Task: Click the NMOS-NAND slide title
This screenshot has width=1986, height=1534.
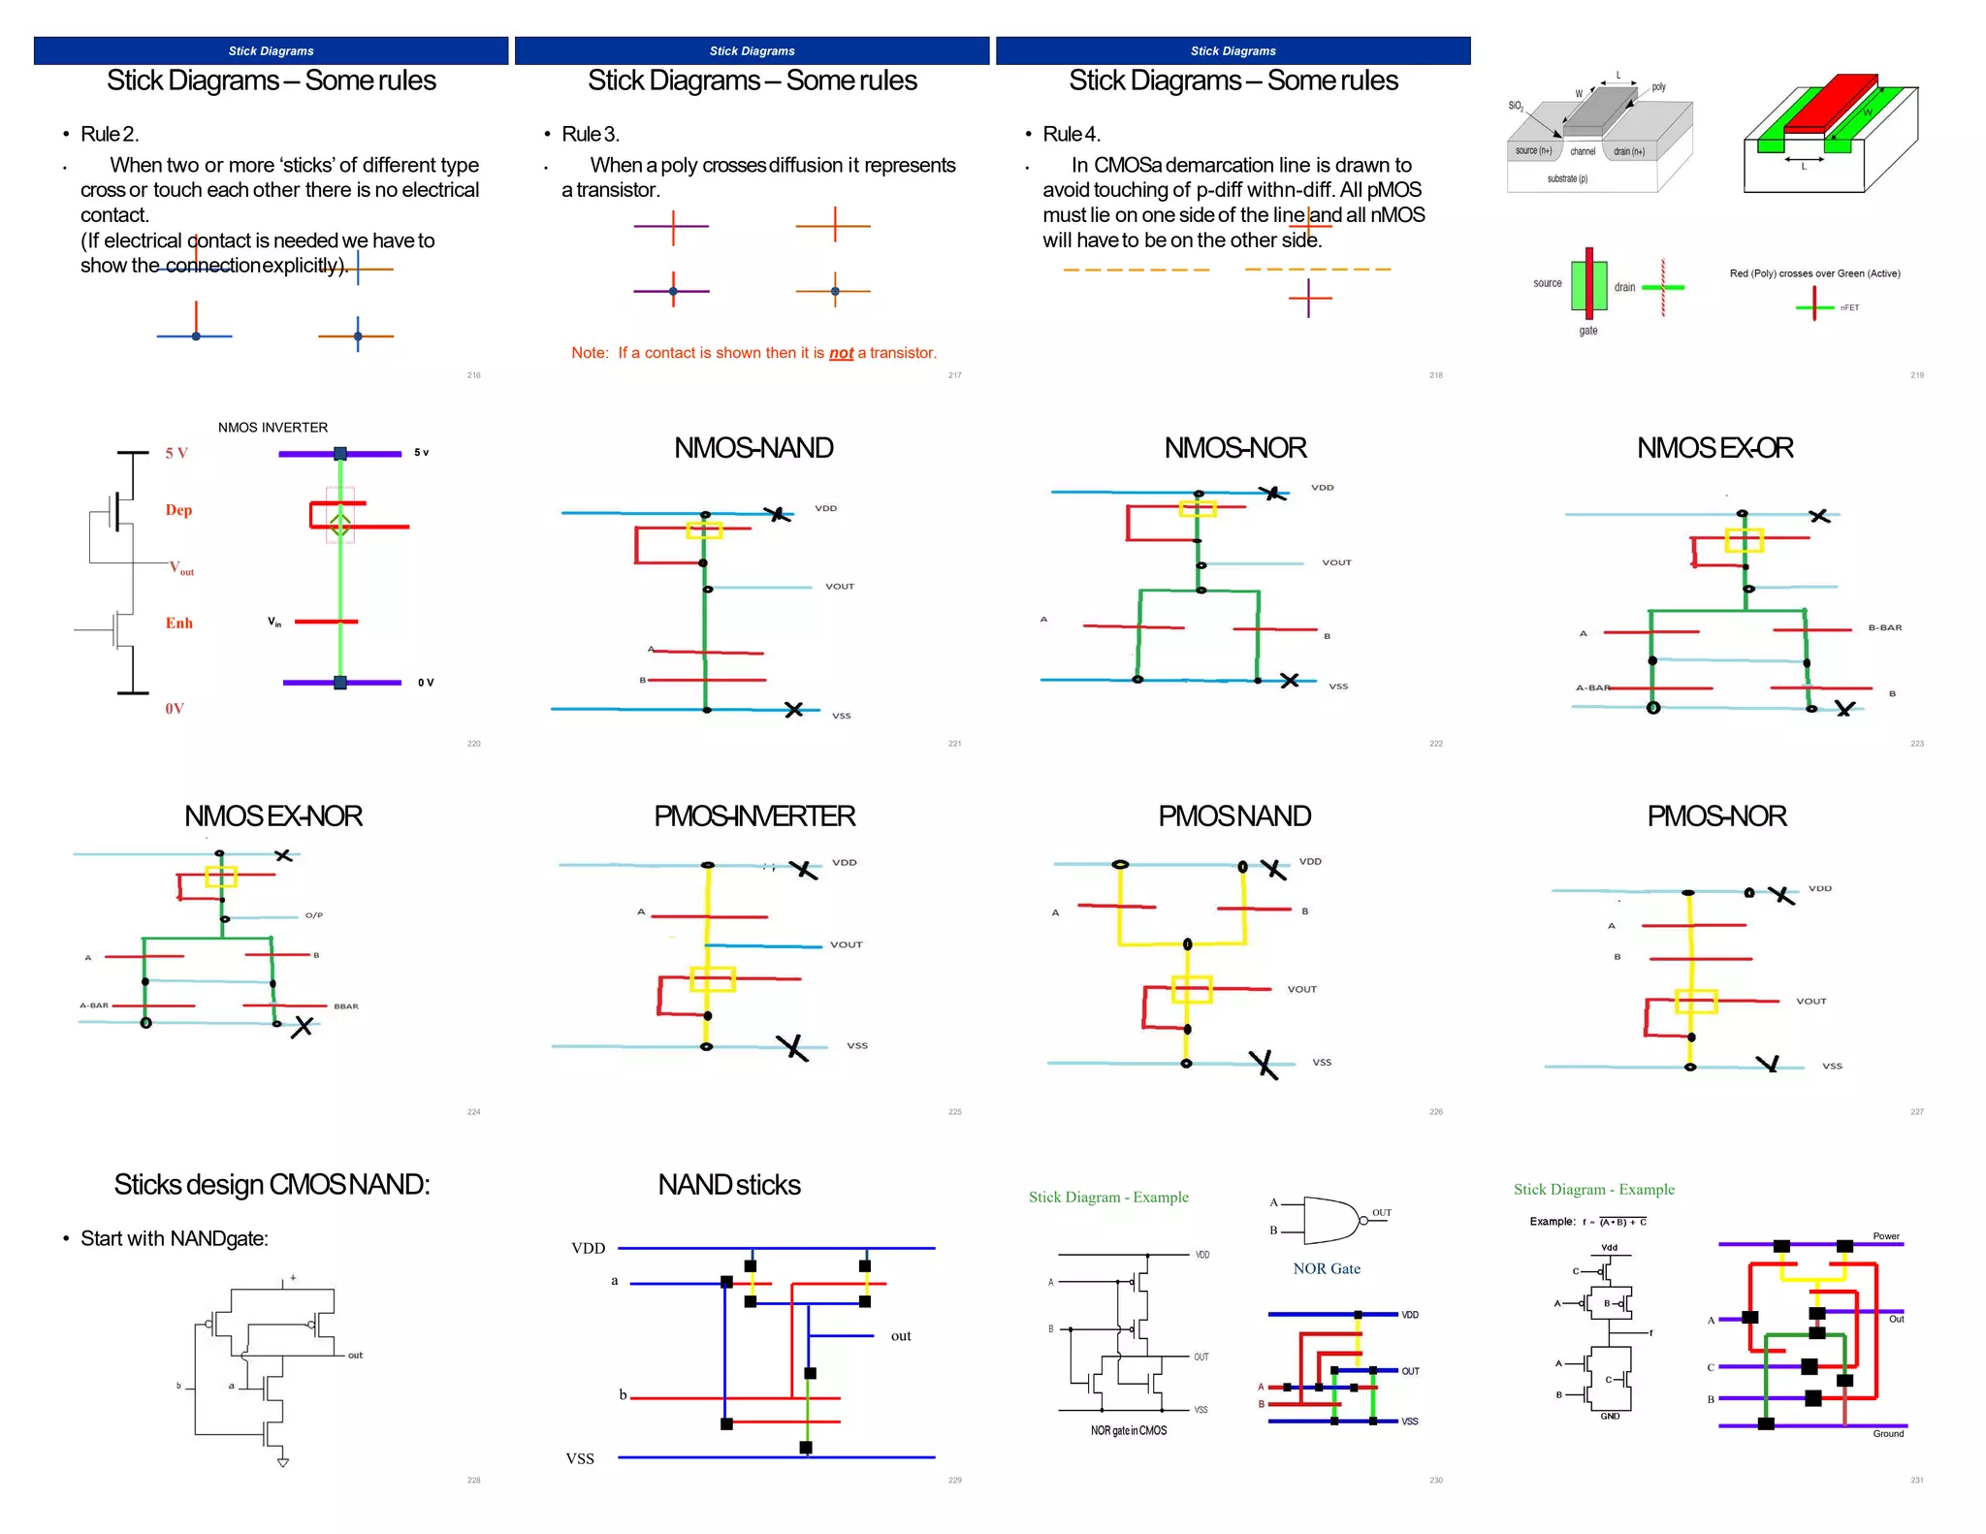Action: click(x=753, y=448)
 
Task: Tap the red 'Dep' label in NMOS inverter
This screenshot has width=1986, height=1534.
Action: click(x=178, y=510)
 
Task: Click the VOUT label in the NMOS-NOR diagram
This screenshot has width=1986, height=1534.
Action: click(x=1336, y=562)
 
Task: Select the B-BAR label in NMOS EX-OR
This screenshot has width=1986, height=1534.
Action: click(x=1884, y=627)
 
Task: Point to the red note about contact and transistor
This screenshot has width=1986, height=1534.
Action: click(x=753, y=353)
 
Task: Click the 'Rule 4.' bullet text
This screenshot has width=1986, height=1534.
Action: click(x=1071, y=134)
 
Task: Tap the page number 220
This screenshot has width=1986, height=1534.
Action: click(x=473, y=744)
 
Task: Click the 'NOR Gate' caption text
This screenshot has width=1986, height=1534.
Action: click(x=1326, y=1268)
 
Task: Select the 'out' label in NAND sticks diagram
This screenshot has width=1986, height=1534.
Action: click(x=901, y=1336)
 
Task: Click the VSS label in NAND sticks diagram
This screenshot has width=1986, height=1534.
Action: click(x=580, y=1458)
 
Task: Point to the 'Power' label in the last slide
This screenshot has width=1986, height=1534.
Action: click(x=1885, y=1236)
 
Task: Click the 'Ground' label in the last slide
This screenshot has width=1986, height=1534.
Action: click(x=1887, y=1433)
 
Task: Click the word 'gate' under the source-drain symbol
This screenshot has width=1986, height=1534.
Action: click(x=1587, y=331)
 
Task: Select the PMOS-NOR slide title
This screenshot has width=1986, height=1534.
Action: click(x=1715, y=816)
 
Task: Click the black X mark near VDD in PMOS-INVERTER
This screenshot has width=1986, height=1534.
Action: click(x=804, y=870)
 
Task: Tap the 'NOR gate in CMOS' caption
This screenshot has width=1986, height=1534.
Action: click(x=1128, y=1430)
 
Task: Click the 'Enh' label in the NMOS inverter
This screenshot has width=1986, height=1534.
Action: click(x=178, y=623)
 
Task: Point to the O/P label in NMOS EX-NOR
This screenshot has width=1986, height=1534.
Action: click(x=313, y=915)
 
